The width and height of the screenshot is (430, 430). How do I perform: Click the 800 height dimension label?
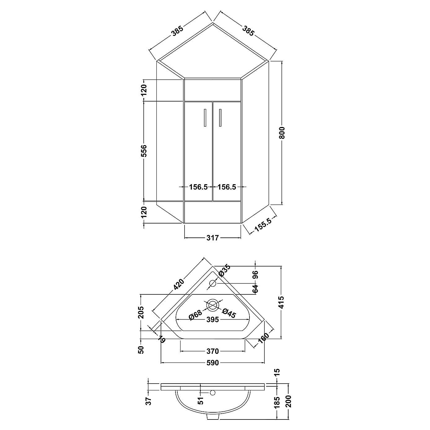coord(282,133)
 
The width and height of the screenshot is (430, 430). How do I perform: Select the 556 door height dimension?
coord(144,151)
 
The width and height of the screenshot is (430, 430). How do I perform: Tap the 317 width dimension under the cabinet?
coord(212,238)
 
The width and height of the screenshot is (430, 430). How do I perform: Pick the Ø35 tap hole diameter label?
coord(224,270)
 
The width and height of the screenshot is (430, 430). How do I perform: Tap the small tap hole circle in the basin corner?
coord(213,283)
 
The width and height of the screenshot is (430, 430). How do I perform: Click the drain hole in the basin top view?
coord(213,305)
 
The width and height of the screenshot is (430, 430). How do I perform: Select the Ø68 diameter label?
coord(196,315)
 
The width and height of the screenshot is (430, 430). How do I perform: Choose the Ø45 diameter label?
coord(229,313)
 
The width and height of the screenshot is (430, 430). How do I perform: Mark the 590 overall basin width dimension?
coord(212,363)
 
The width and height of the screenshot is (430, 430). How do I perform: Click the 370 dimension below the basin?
coord(212,351)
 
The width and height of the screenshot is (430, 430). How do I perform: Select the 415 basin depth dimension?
coord(281,302)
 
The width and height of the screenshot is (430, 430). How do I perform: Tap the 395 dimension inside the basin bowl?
coord(212,319)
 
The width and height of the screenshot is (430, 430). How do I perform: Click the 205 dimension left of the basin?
coord(141,312)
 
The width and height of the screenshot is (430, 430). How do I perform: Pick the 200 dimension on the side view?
coord(289,401)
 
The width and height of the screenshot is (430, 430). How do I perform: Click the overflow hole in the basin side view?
coord(212,393)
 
